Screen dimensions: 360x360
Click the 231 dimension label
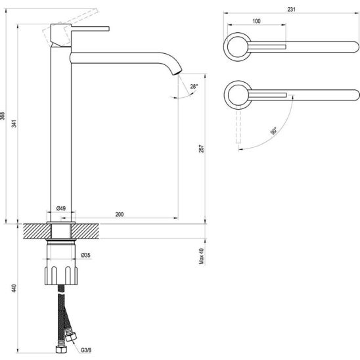pos(291,9)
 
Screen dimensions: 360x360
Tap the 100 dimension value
pos(256,21)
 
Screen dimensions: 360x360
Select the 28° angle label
pos(194,87)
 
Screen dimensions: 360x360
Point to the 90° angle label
pos(273,131)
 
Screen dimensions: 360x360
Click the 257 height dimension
pos(202,148)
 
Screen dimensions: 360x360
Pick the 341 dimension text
pos(14,124)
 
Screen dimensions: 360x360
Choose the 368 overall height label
pos(2,116)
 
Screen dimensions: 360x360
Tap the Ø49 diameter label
pos(61,208)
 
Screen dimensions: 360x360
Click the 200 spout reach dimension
pos(120,214)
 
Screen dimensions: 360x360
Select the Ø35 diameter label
pos(86,255)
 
